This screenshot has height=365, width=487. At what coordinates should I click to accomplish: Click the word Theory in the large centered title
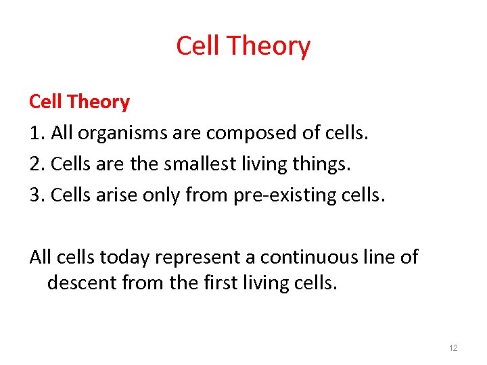coord(269,47)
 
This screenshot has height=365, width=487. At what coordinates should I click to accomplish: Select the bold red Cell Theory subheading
coord(79,102)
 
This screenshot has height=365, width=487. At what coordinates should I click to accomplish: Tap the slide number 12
coord(453,347)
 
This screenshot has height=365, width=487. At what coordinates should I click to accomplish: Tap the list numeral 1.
coord(34,134)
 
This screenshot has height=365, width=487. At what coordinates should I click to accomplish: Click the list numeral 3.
coord(34,196)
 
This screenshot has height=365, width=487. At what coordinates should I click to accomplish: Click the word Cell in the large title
coord(198,47)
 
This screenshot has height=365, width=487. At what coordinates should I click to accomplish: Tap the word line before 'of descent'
coord(384,258)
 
